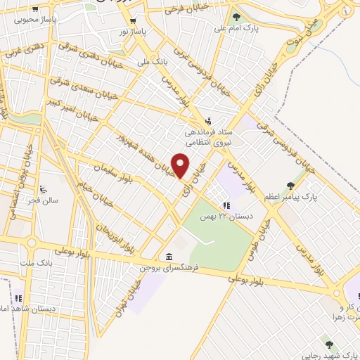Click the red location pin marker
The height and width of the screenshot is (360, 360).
(x=181, y=166)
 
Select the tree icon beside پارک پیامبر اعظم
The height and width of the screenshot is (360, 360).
(x=290, y=186)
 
